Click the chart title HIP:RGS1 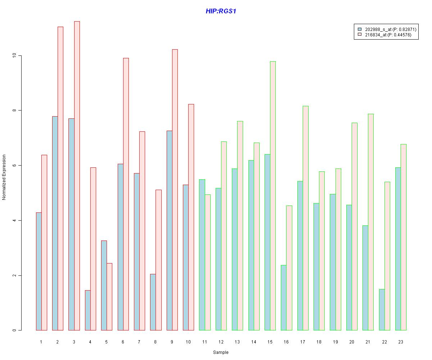tap(221, 11)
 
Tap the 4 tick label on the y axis tap(14, 220)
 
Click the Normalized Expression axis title tap(4, 177)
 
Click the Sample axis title tap(220, 352)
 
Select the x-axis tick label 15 tap(270, 342)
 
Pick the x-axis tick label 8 tap(156, 342)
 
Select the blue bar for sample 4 tap(88, 310)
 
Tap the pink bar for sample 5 tap(109, 297)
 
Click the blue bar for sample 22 tap(382, 310)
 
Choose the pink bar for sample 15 tap(273, 196)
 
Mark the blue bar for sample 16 tap(284, 298)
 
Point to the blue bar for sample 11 tap(202, 255)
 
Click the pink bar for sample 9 tap(175, 190)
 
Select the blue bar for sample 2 tap(55, 223)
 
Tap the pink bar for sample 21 tap(371, 222)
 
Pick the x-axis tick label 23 tap(401, 342)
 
